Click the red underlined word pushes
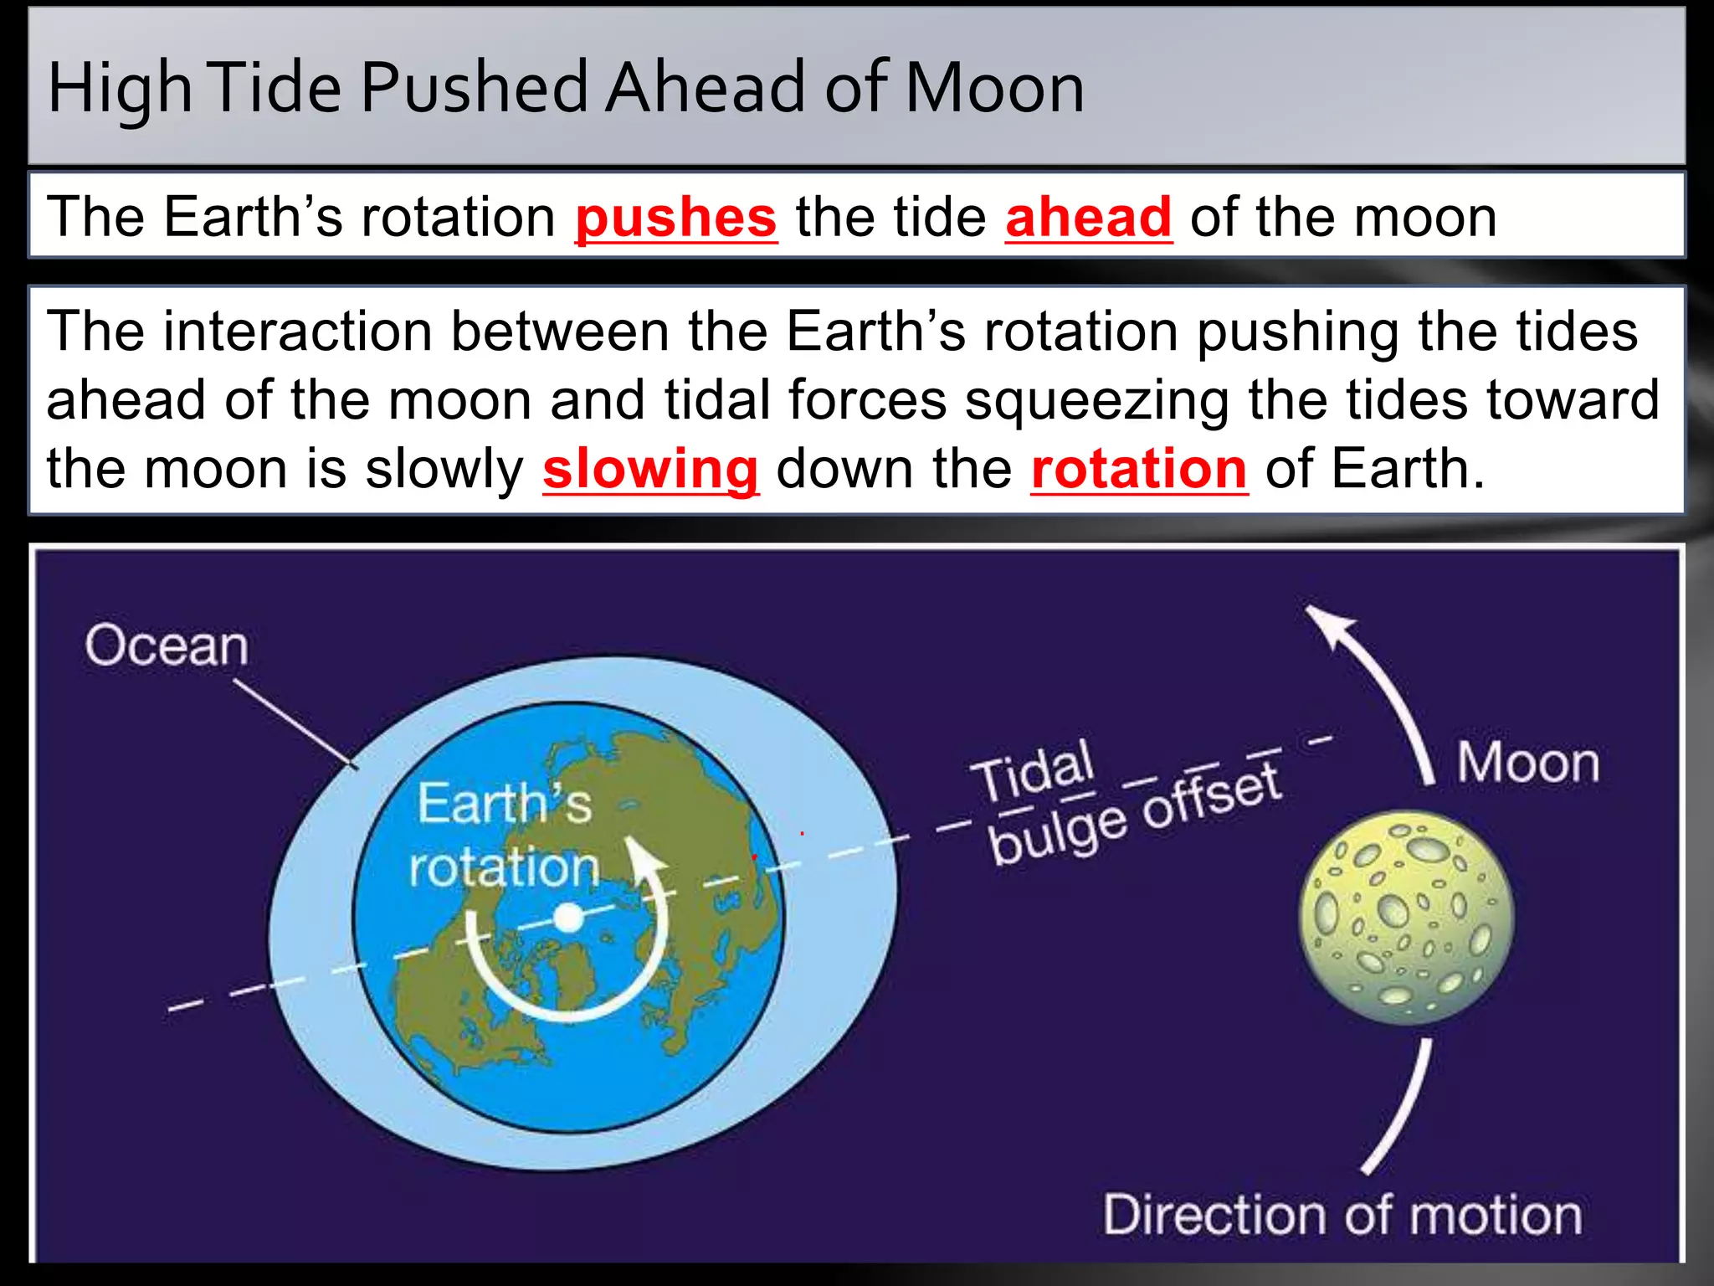pyautogui.click(x=675, y=218)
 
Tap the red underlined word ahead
pyautogui.click(x=1088, y=218)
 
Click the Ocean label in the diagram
pyautogui.click(x=167, y=646)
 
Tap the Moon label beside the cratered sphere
pyautogui.click(x=1528, y=763)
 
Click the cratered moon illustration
pyautogui.click(x=1406, y=917)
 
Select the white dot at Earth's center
pyautogui.click(x=568, y=918)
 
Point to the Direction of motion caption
pyautogui.click(x=1342, y=1215)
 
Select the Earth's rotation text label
pyautogui.click(x=505, y=836)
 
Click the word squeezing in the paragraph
pyautogui.click(x=1097, y=400)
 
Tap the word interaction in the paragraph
pyautogui.click(x=298, y=332)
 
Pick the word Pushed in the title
pyautogui.click(x=475, y=88)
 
